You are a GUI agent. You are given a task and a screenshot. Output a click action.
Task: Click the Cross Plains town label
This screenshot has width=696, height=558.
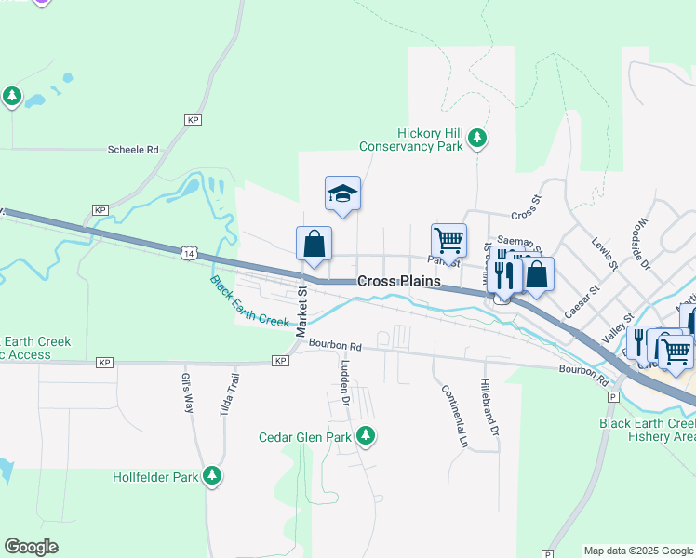(399, 280)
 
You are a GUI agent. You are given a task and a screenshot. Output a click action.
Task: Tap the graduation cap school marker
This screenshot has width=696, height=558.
(342, 193)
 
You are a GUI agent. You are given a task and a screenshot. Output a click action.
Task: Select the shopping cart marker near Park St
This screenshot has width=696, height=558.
(448, 240)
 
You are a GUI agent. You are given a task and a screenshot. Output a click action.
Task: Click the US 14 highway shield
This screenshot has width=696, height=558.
(189, 252)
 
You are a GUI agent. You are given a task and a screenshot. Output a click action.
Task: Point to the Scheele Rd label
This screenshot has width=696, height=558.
(133, 149)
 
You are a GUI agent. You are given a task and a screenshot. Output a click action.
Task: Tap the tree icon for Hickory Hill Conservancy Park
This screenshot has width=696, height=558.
(477, 139)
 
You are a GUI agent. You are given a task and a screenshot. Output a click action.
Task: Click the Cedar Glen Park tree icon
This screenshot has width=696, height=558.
(366, 434)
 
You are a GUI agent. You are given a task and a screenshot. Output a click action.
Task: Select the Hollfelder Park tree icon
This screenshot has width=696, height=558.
(213, 475)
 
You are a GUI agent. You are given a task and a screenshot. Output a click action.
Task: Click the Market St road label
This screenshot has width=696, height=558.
(301, 312)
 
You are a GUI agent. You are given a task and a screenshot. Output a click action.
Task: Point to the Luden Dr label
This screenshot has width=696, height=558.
(345, 382)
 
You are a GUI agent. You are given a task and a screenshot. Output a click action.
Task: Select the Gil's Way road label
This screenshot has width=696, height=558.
(187, 393)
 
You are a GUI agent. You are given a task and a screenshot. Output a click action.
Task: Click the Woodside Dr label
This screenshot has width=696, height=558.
(640, 244)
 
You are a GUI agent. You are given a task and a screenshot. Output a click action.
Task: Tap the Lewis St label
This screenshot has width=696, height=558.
(604, 253)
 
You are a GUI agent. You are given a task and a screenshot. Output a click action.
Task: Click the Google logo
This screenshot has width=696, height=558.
(32, 547)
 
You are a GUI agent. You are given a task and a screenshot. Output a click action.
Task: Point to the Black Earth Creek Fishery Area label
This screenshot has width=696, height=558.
(647, 429)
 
